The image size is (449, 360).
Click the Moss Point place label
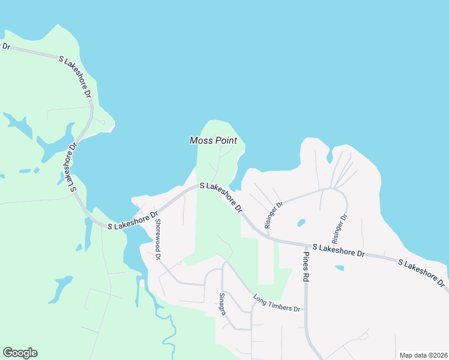(213, 140)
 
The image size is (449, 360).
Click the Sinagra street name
(222, 304)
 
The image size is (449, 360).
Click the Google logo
(20, 353)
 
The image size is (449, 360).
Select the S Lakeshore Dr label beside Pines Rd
(339, 251)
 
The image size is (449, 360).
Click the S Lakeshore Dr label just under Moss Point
(220, 198)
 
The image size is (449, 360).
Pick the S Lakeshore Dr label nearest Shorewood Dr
(133, 220)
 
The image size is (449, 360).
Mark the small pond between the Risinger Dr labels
(301, 223)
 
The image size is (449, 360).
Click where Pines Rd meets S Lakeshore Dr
(305, 244)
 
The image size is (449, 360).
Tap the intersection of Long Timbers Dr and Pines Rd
(306, 310)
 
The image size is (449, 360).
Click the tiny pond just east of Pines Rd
(340, 268)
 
